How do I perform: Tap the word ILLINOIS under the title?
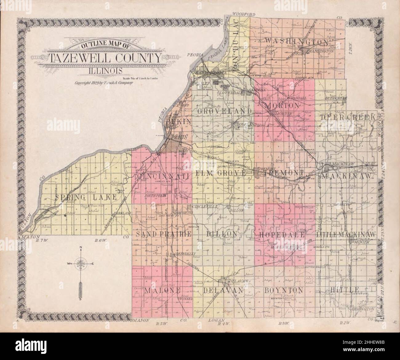point(105,70)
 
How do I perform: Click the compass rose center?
point(80,263)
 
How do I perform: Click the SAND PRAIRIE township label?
point(164,234)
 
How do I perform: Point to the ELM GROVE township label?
point(221,173)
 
